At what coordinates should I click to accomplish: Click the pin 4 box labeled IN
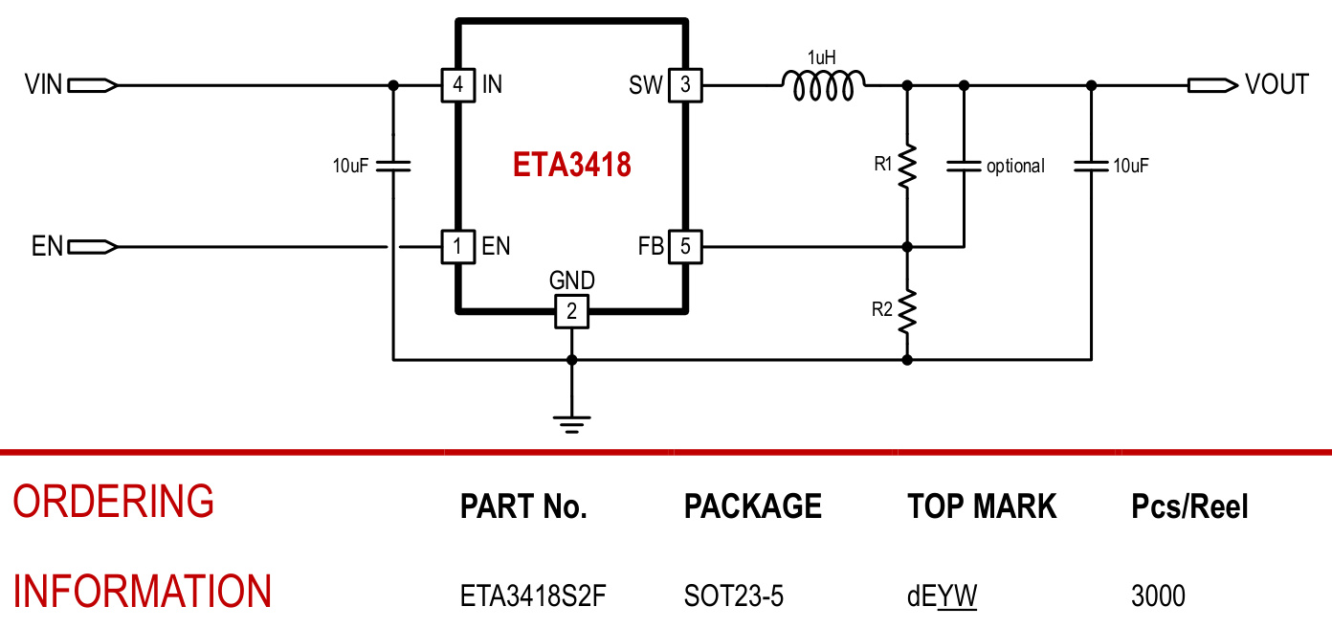point(457,85)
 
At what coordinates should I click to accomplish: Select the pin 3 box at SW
point(685,85)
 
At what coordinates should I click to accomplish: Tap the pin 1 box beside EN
point(457,247)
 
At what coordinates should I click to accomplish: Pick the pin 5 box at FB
point(685,247)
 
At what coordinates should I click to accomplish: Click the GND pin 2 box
point(571,311)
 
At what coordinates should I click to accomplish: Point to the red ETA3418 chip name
point(571,166)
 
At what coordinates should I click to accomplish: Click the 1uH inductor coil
point(825,86)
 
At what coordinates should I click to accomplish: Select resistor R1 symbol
point(906,166)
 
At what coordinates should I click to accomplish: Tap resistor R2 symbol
point(906,310)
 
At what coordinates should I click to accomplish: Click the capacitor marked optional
point(964,166)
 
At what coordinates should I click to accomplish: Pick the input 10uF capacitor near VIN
point(392,166)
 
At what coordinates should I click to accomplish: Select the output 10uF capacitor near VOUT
point(1091,166)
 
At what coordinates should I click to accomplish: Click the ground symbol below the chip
point(571,422)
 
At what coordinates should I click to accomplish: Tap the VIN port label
point(44,85)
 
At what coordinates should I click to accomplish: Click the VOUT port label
point(1276,85)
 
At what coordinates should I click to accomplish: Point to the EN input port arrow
point(94,247)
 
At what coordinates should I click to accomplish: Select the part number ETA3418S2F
point(533,596)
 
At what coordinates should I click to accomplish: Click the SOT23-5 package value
point(733,596)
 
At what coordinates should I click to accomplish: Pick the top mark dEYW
point(942,596)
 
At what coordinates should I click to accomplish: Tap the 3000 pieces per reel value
point(1158,596)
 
